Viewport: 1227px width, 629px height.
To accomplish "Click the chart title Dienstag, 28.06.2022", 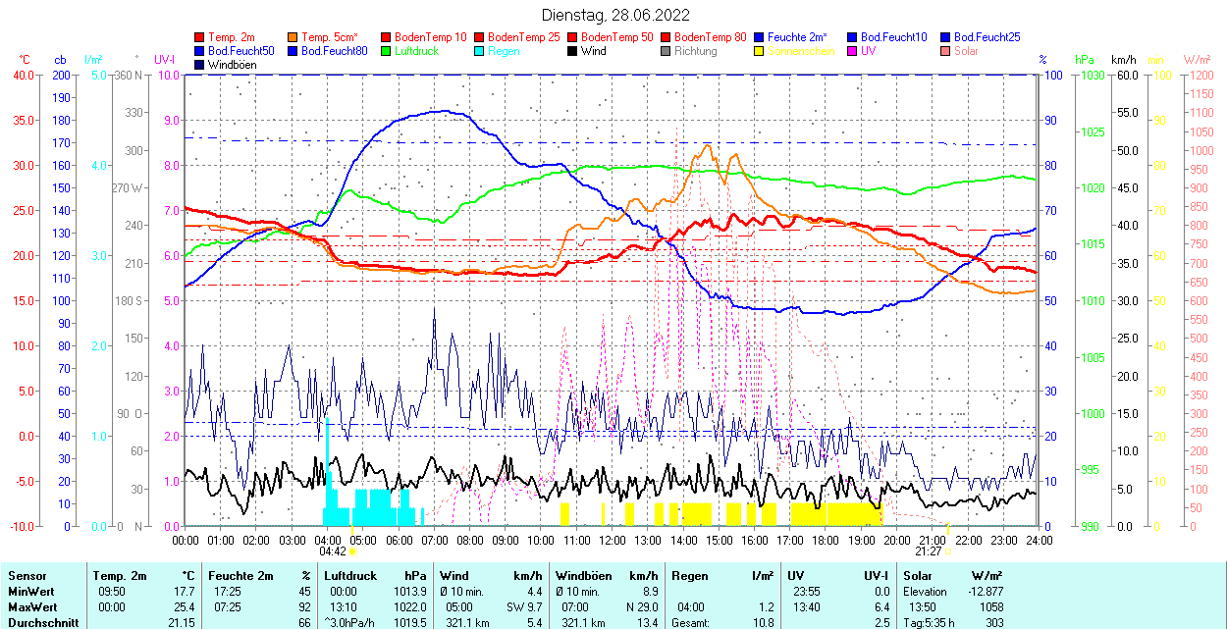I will coord(615,15).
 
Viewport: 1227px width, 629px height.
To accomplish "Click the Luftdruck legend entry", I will coord(415,51).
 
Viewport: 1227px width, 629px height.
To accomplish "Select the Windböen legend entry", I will coord(233,64).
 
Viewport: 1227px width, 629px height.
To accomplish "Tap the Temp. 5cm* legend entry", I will coord(330,37).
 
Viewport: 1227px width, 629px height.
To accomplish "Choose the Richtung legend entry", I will coord(695,51).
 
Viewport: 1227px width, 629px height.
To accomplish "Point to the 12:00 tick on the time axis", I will coord(613,540).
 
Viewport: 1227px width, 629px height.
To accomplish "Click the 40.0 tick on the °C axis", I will coord(21,75).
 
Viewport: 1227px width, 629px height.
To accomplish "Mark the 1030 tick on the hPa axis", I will coord(1093,75).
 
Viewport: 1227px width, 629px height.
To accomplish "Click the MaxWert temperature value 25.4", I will coord(183,606).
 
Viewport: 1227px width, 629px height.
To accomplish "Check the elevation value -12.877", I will coord(985,592).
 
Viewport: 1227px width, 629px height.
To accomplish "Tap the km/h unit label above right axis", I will coord(1124,60).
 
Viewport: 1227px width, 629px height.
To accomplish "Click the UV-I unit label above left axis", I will coord(165,60).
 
